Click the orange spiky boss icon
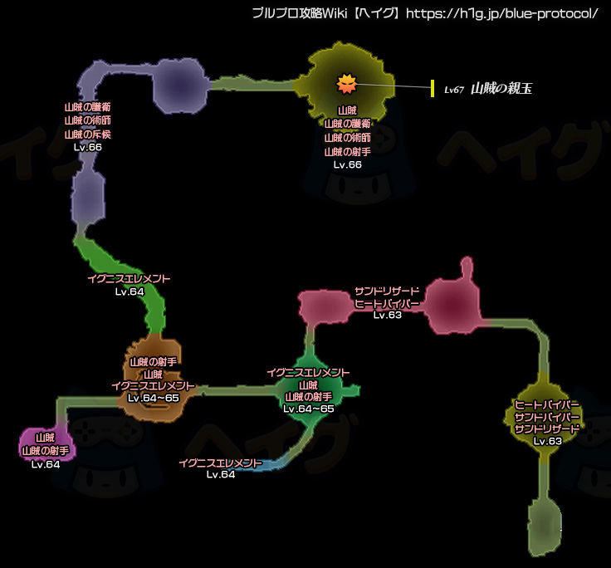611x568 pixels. pos(347,83)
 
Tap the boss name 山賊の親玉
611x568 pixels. pos(501,89)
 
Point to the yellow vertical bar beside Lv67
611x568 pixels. pos(433,89)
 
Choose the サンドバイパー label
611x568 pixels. pos(546,416)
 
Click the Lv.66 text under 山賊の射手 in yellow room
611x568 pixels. pos(348,164)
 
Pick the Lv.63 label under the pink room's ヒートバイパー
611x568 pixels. pos(388,316)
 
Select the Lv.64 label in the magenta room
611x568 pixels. pos(46,464)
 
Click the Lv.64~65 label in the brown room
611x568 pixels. pos(154,399)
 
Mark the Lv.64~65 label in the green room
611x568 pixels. pos(308,409)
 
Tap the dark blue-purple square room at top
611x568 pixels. pos(178,88)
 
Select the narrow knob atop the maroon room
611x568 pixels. pos(467,269)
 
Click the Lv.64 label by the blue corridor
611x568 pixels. pos(221,475)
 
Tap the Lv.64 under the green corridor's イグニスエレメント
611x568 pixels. pos(130,291)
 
